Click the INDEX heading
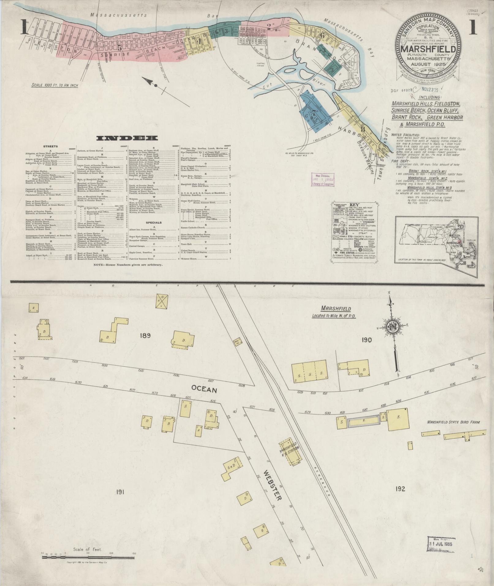tap(127, 138)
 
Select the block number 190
tap(366, 340)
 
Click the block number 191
tap(120, 492)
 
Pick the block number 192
tap(400, 489)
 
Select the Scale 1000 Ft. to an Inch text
tap(55, 85)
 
